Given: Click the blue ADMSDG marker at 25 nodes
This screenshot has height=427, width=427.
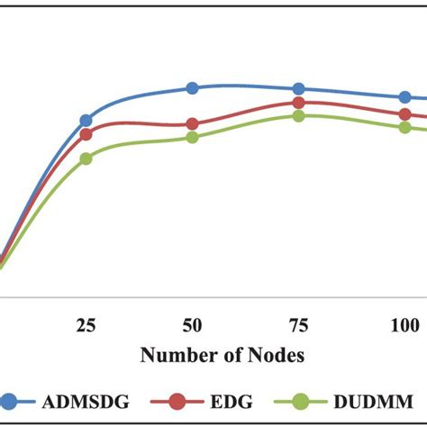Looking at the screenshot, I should point(86,120).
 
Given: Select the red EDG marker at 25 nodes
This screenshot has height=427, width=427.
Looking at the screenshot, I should point(86,134).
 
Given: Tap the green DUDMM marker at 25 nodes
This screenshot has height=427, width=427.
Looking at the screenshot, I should point(86,159).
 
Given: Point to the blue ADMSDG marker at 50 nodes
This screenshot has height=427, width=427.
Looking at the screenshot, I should point(192,87).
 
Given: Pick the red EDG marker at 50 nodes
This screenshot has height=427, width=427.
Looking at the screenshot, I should point(192,124).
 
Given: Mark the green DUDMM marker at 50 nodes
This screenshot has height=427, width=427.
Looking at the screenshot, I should point(192,137).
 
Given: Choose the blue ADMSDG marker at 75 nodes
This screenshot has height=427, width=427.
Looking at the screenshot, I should point(298,88).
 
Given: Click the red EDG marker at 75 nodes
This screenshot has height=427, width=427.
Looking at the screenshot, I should point(298,103).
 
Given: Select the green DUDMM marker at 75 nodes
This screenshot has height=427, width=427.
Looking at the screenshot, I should point(298,115).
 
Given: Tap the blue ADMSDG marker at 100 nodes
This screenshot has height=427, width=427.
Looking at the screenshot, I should point(404,97).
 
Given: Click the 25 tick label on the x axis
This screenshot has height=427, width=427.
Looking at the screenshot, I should point(86,324).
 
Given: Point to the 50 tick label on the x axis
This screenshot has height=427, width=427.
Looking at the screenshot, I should point(192,324).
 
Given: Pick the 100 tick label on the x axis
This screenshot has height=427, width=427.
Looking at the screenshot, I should point(404,324).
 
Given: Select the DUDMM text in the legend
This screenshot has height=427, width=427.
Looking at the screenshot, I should point(373,402).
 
